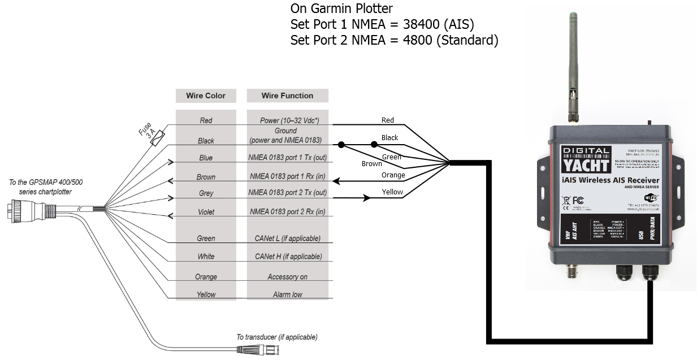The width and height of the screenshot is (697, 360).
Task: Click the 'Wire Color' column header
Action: [x=206, y=96]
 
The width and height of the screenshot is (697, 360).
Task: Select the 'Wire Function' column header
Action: [x=287, y=96]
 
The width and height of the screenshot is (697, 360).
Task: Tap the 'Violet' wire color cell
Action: [x=206, y=212]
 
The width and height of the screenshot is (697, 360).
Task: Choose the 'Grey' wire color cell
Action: [x=206, y=194]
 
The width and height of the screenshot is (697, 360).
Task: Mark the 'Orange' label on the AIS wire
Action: [x=393, y=175]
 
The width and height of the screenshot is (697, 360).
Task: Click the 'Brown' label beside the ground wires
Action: [x=371, y=164]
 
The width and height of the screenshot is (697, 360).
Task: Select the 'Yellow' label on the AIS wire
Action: [x=392, y=192]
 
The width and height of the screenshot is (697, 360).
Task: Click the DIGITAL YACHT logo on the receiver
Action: [x=587, y=159]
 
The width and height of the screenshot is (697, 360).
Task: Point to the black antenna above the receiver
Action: [x=575, y=62]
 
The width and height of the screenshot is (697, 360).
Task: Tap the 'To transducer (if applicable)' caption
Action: [x=276, y=337]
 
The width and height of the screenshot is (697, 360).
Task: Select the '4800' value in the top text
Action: [x=417, y=40]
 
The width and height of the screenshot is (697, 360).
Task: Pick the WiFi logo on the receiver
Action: [x=651, y=196]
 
